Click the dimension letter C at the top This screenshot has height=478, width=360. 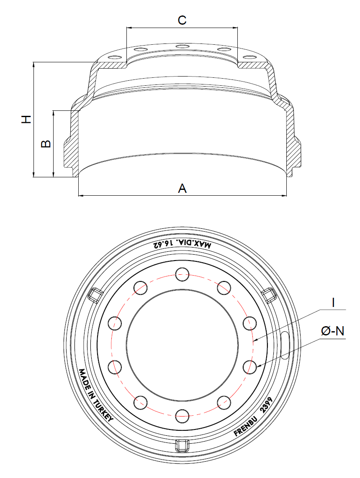pyautogui.click(x=182, y=20)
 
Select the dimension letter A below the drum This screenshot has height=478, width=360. pyautogui.click(x=182, y=189)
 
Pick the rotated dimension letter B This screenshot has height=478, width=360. pyautogui.click(x=46, y=143)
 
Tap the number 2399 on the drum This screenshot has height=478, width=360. pyautogui.click(x=267, y=407)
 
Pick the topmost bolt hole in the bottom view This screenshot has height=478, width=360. pyautogui.click(x=183, y=275)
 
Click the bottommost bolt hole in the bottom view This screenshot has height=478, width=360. pyautogui.click(x=183, y=415)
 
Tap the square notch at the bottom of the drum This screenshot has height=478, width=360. pyautogui.click(x=182, y=445)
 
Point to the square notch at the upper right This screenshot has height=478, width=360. pyautogui.click(x=269, y=294)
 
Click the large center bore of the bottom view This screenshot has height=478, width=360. pyautogui.click(x=182, y=345)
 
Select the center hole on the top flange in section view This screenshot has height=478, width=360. pyautogui.click(x=183, y=46)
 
